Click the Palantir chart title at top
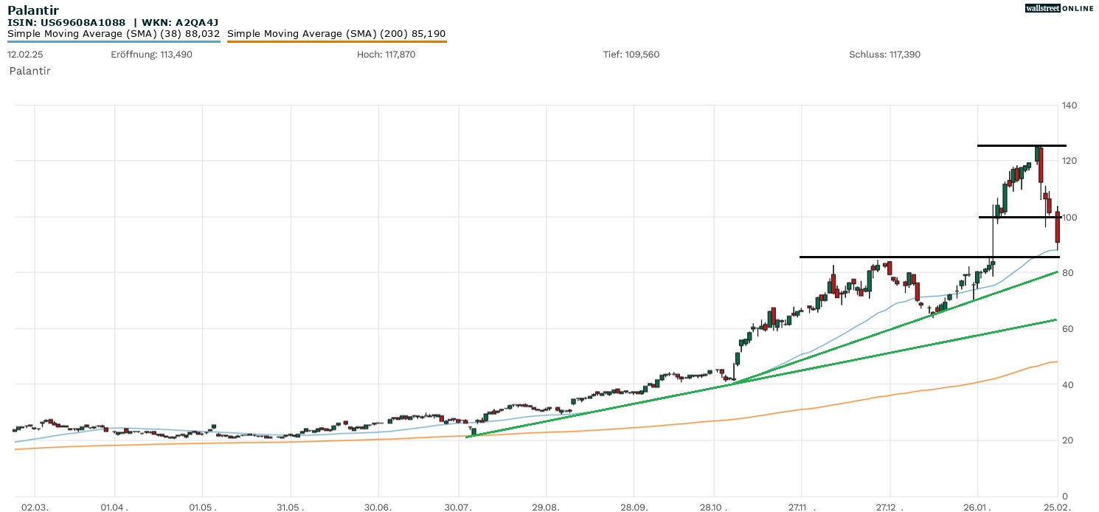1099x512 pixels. (x=33, y=10)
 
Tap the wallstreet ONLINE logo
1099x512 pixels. (x=1059, y=8)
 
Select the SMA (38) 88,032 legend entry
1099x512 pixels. (x=114, y=34)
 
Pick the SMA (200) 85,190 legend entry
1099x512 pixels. (x=336, y=34)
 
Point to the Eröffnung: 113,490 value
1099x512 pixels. (x=151, y=55)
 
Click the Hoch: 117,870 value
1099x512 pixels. (x=386, y=55)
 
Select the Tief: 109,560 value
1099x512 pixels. (x=631, y=55)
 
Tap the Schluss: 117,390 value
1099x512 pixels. (x=884, y=55)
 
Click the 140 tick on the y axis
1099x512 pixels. (x=1069, y=105)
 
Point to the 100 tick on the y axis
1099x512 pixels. (x=1069, y=218)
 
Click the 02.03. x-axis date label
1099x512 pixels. (x=35, y=508)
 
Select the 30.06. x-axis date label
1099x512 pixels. (x=378, y=508)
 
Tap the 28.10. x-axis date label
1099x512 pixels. (x=713, y=508)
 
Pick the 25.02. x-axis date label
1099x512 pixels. (x=1058, y=508)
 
